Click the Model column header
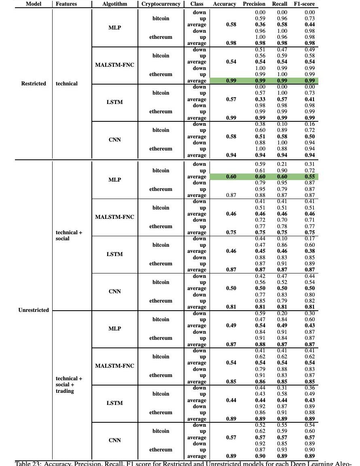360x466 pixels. [x=34, y=4]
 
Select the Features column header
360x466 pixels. [x=66, y=4]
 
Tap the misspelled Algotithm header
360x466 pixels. [x=115, y=4]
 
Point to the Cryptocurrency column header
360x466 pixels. [x=161, y=4]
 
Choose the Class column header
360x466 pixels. [x=197, y=4]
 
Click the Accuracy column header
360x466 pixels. [x=224, y=4]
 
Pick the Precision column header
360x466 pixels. [x=254, y=4]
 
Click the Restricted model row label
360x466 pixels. [x=34, y=84]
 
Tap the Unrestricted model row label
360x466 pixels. [x=34, y=310]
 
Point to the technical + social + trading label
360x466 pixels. [x=69, y=385]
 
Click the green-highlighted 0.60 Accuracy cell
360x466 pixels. [x=231, y=177]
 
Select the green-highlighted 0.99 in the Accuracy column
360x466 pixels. [x=231, y=81]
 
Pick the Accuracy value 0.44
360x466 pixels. [x=231, y=400]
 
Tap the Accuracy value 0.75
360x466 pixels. [x=231, y=233]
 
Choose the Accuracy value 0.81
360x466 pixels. [x=231, y=307]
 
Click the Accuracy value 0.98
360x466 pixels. [x=231, y=43]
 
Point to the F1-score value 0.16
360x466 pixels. [x=309, y=124]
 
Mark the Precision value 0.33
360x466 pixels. [x=260, y=100]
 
